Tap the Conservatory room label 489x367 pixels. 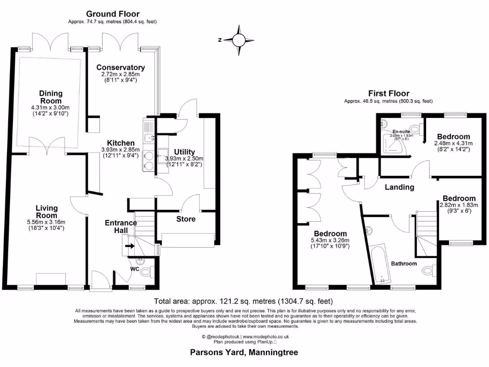click(120, 67)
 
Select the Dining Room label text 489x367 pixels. click(51, 97)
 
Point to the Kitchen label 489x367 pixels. click(120, 143)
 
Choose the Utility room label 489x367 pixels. click(184, 152)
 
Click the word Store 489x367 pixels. click(185, 219)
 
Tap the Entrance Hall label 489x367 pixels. click(120, 227)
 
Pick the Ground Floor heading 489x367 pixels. click(113, 14)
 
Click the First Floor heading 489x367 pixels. click(388, 93)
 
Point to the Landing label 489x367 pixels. click(400, 187)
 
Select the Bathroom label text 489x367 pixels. click(404, 263)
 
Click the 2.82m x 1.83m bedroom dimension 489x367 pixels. click(458, 205)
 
